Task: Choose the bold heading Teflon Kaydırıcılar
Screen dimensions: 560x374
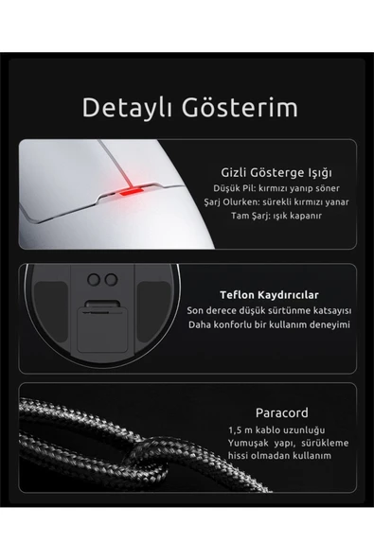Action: tap(270, 294)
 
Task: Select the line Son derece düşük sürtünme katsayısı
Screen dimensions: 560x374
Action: tap(270, 310)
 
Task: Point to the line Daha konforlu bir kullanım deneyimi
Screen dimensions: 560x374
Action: tap(270, 324)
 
